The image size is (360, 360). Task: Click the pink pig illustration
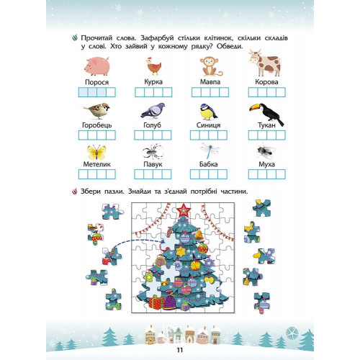[97, 66]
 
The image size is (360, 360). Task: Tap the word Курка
[153, 82]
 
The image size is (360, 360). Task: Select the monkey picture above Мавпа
[210, 66]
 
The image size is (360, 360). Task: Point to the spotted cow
[265, 63]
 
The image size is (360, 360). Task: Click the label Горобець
[97, 125]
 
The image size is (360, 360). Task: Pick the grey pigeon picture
[153, 111]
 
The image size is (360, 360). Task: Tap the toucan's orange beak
[255, 108]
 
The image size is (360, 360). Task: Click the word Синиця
[208, 125]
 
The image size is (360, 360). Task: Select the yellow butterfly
[96, 152]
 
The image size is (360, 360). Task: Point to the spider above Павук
[153, 151]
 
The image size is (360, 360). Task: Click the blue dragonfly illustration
[210, 150]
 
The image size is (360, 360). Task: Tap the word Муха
[266, 164]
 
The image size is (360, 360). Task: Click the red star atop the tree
[184, 210]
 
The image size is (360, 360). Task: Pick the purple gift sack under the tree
[170, 302]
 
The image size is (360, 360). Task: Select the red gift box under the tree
[156, 302]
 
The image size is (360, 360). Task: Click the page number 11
[180, 350]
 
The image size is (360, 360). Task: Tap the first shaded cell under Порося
[84, 92]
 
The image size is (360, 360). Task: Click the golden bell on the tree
[199, 235]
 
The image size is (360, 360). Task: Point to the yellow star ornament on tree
[181, 251]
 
